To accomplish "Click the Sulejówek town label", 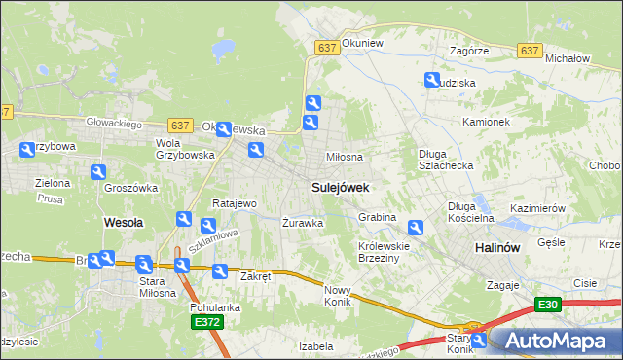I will (x=340, y=186).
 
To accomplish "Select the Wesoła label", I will (x=124, y=222).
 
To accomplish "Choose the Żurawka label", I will (x=302, y=223).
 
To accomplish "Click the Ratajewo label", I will (x=234, y=204).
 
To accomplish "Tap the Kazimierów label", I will (x=538, y=209).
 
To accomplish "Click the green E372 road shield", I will (x=207, y=322).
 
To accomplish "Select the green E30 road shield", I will (x=547, y=306).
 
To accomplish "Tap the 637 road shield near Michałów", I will (x=531, y=51).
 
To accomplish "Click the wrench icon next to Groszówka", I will (x=97, y=172).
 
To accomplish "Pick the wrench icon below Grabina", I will (x=416, y=229).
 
